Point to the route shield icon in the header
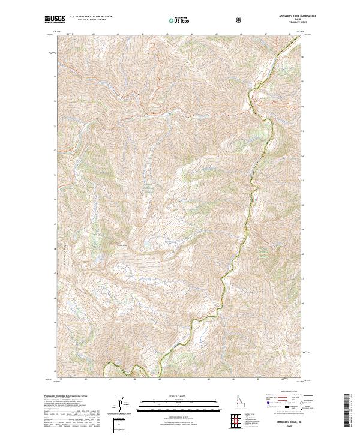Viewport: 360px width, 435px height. coord(240,20)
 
